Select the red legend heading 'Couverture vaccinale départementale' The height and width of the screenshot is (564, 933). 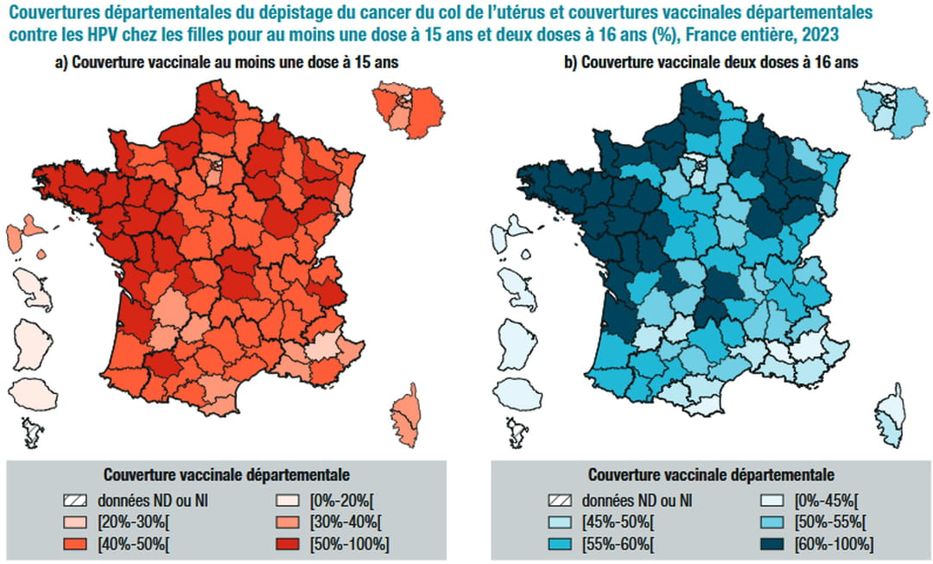(226, 474)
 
